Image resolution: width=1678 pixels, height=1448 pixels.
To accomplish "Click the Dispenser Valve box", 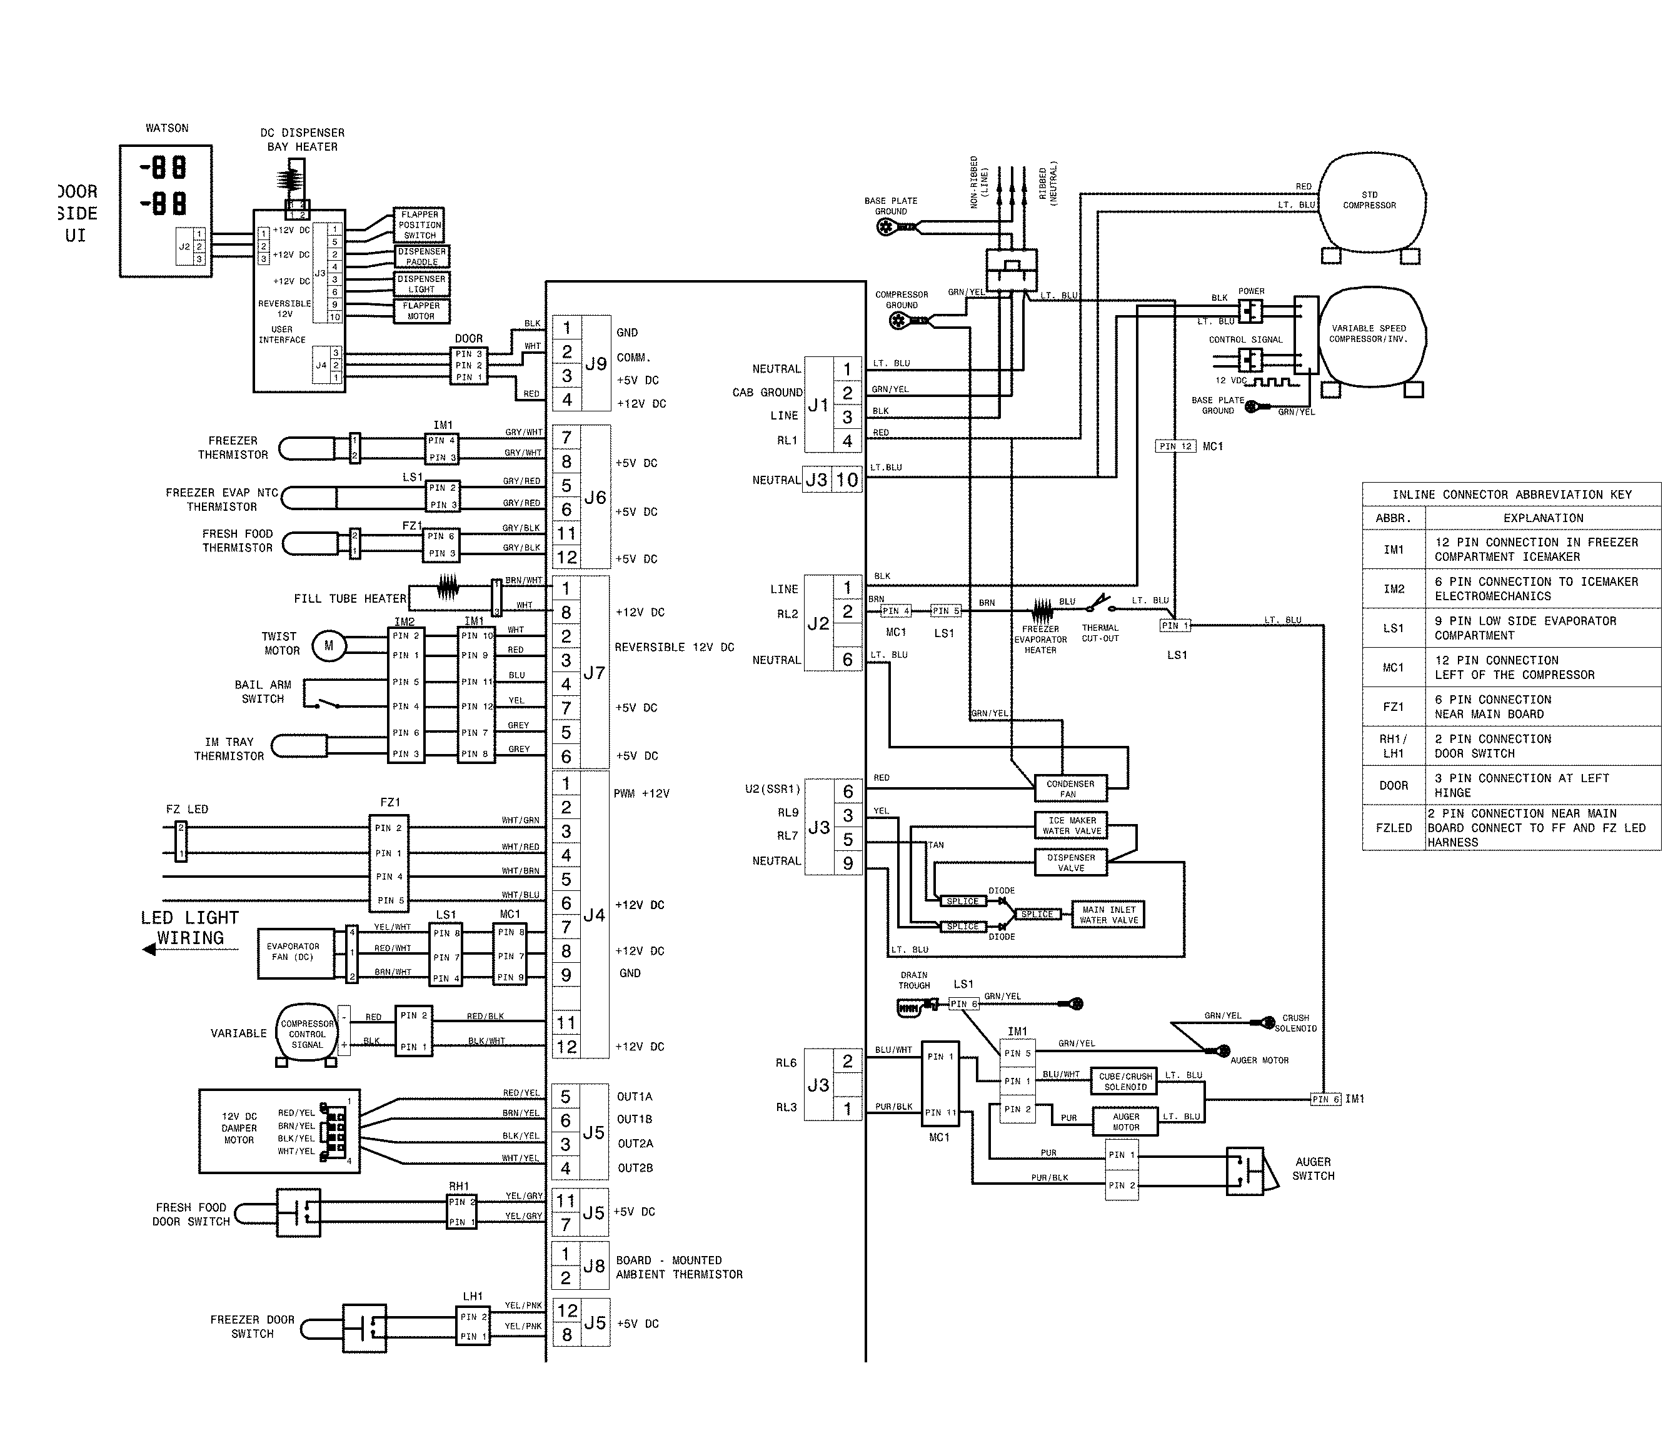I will (x=1070, y=862).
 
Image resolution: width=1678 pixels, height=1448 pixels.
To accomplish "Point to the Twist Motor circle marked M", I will (x=329, y=645).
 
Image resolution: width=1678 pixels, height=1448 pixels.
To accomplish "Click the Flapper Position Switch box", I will (x=419, y=225).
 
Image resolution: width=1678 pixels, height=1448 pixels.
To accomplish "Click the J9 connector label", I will (x=596, y=365).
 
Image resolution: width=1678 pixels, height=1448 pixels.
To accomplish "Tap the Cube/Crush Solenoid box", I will (x=1125, y=1081).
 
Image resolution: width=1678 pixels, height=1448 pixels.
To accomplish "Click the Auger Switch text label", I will (x=1313, y=1169).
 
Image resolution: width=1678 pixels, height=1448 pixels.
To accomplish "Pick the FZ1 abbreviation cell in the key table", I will (x=1393, y=707).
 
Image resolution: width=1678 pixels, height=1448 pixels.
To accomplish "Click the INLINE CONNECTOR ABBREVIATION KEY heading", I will (x=1511, y=494).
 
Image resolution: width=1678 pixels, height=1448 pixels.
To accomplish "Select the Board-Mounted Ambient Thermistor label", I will (x=679, y=1267).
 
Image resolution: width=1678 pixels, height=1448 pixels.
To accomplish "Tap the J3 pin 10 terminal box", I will (x=847, y=480).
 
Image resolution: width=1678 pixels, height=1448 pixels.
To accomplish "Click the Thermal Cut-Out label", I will (x=1100, y=633).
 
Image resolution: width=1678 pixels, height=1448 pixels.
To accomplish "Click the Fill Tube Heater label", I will (x=350, y=598).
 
